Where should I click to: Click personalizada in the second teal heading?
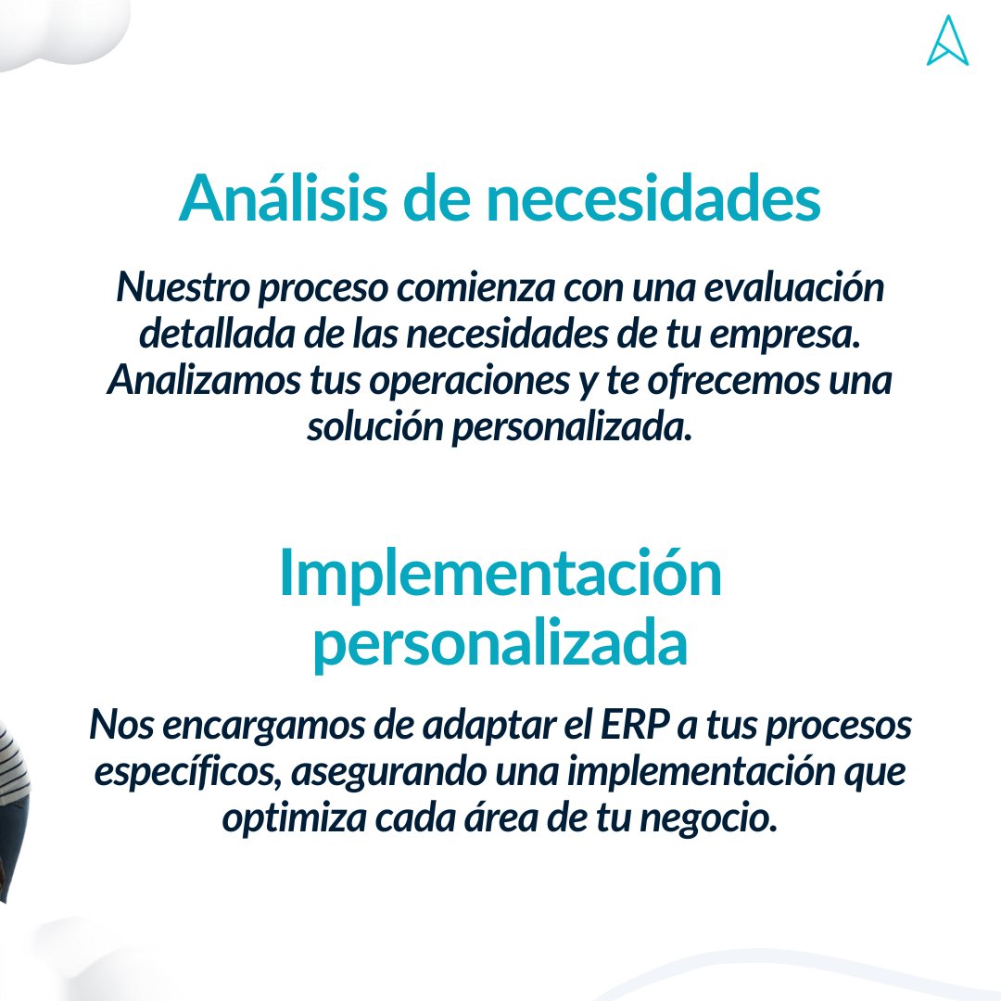point(500,646)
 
